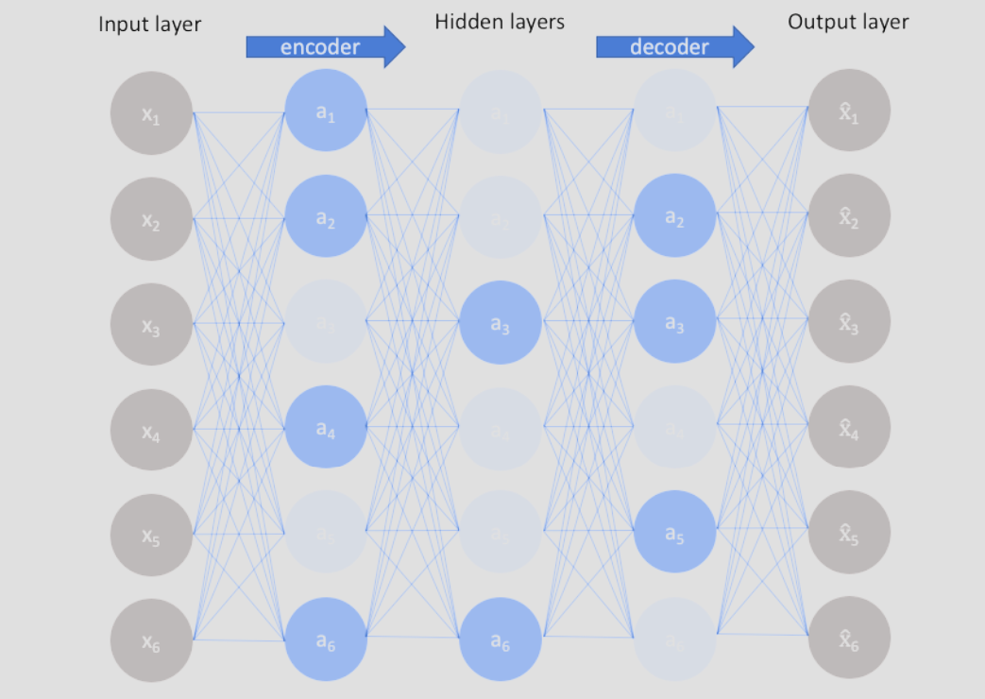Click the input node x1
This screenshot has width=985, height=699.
click(x=151, y=113)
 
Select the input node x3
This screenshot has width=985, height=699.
click(x=151, y=325)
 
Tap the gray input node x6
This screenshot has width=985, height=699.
click(x=151, y=641)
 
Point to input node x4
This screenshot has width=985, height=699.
click(x=151, y=431)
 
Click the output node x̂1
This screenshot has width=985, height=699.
click(x=850, y=111)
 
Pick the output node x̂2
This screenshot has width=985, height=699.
click(x=850, y=216)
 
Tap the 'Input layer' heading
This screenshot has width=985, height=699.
click(x=149, y=24)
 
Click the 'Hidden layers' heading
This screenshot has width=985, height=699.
click(x=500, y=21)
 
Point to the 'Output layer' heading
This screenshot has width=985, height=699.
click(x=848, y=21)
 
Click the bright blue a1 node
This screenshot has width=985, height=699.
click(x=326, y=112)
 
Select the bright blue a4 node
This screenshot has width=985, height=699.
click(x=326, y=429)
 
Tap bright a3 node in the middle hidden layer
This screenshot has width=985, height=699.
click(x=501, y=323)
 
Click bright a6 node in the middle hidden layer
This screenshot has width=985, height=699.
click(x=501, y=639)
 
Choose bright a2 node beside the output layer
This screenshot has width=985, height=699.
click(x=674, y=216)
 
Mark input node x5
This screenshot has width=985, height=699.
click(x=151, y=535)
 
